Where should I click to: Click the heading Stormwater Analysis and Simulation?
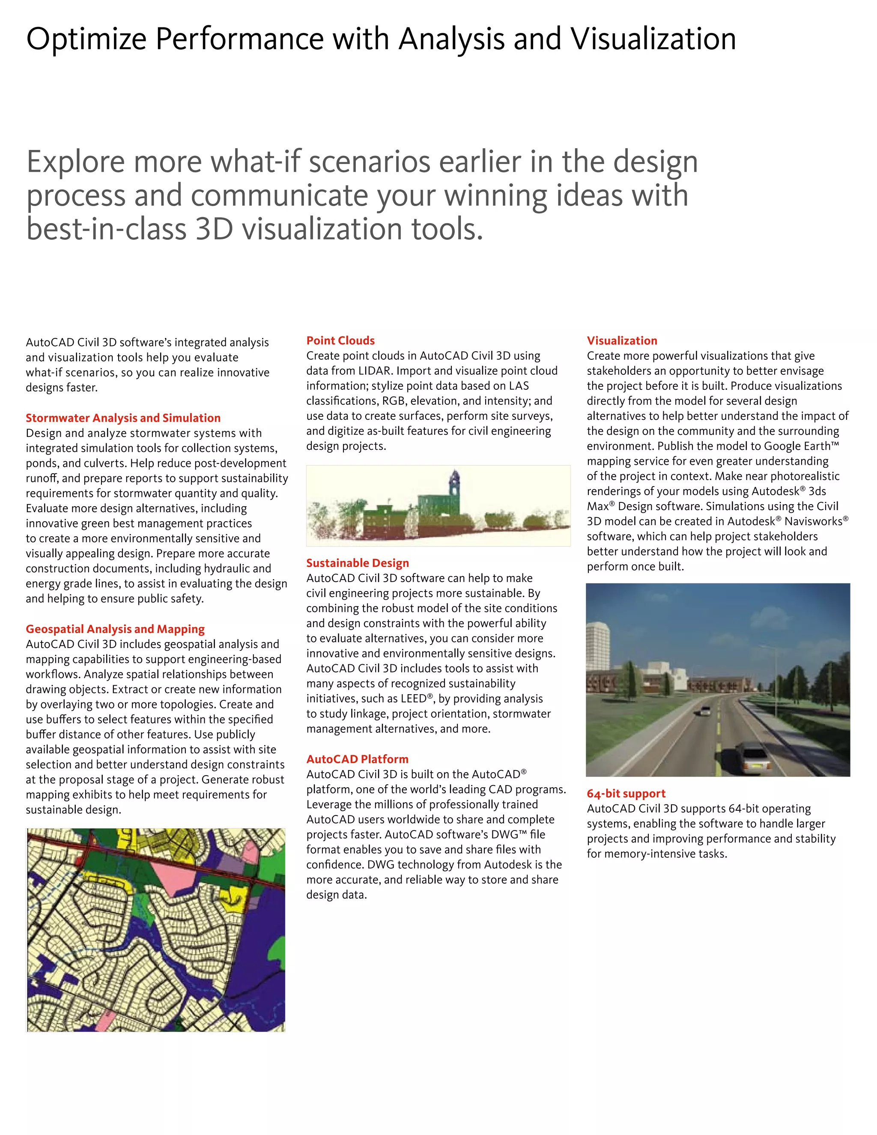tap(123, 418)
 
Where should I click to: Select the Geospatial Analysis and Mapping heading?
tap(115, 629)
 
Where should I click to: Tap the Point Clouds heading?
tap(340, 340)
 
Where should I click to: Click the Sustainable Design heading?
tap(358, 563)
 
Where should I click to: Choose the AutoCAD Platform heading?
tap(357, 759)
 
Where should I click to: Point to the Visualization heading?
tap(622, 340)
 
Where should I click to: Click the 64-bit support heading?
tap(626, 793)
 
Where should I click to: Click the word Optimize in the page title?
tap(86, 39)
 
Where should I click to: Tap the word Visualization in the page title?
tap(653, 39)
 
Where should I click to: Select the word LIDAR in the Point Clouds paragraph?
tap(374, 371)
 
